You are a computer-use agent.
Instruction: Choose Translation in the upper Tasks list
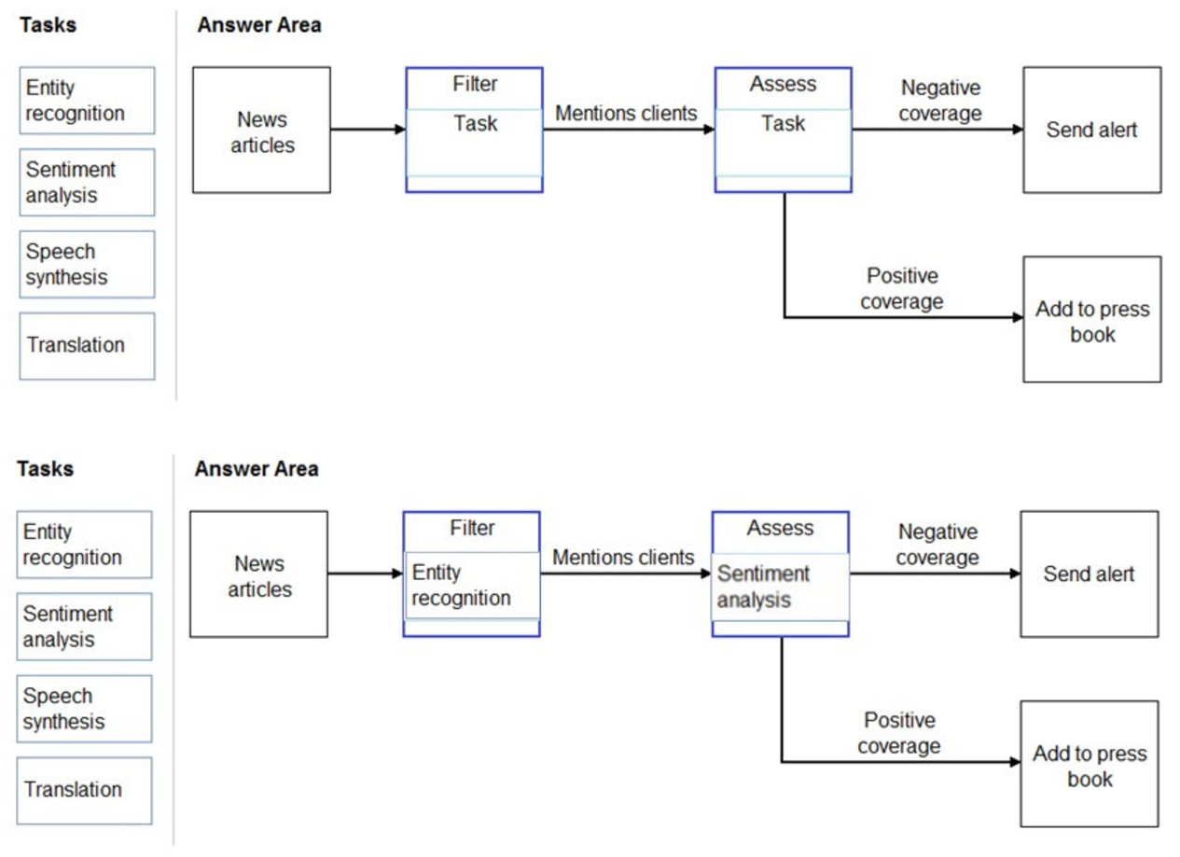point(87,346)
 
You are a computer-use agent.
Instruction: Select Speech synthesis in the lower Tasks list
point(84,709)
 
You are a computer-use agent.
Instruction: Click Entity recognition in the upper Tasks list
point(87,101)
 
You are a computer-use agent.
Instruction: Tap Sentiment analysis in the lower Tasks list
point(84,627)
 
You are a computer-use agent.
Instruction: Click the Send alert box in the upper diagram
point(1091,130)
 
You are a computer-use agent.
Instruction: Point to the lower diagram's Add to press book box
point(1090,765)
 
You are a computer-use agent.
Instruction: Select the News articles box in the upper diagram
point(261,131)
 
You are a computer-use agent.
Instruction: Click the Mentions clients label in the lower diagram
point(623,558)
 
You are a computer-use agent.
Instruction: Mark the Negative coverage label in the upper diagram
point(940,101)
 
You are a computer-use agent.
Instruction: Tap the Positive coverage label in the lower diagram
point(899,733)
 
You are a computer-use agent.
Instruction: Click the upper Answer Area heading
point(258,25)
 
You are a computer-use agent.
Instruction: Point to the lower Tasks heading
point(46,469)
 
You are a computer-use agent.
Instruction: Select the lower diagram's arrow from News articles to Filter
point(365,574)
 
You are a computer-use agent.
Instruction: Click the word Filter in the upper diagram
point(475,85)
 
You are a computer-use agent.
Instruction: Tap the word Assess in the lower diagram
point(780,529)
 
